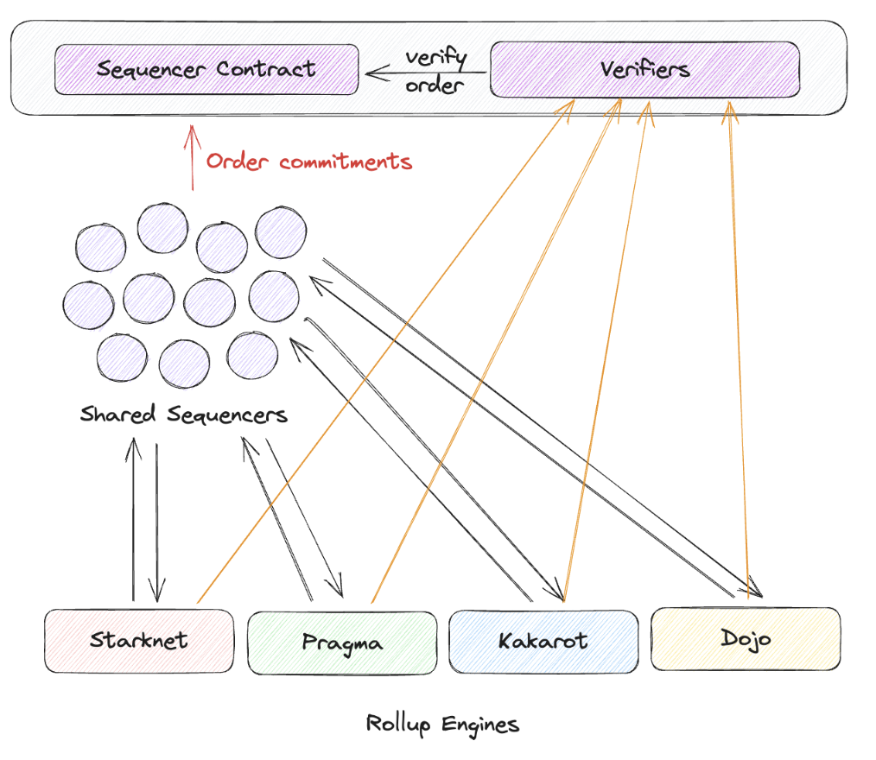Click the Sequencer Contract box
coord(206,69)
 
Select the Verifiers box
coord(644,69)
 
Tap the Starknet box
coord(139,641)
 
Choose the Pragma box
coord(342,643)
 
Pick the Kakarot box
coord(543,641)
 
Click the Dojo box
coord(746,639)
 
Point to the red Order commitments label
coord(309,161)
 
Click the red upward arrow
coord(192,157)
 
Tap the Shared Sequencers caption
coord(184,415)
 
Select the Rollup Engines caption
coord(442,725)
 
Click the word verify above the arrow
coord(435,58)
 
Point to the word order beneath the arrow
coord(435,85)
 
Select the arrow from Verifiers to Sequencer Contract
coord(426,73)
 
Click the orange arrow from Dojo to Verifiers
coord(739,350)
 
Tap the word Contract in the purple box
coord(266,69)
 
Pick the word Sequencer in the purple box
coord(151,70)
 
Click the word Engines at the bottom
coord(480,725)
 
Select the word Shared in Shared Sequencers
coord(117,414)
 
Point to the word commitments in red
coord(346,162)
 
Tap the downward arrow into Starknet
coord(156,523)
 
